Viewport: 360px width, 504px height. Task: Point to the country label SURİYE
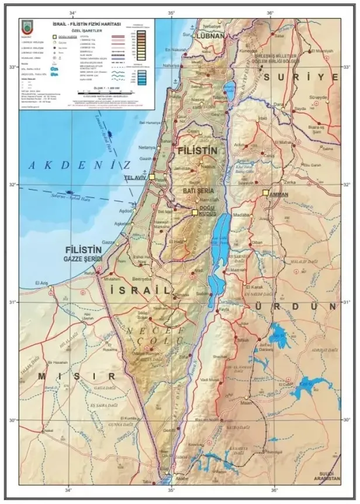[x=300, y=77]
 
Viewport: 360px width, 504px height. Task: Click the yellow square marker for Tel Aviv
[x=153, y=176]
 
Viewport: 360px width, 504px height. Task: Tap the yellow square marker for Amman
[x=265, y=192]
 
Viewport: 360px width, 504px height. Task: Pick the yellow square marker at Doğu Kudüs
[x=195, y=213]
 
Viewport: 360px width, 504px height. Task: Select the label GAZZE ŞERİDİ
[x=84, y=258]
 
